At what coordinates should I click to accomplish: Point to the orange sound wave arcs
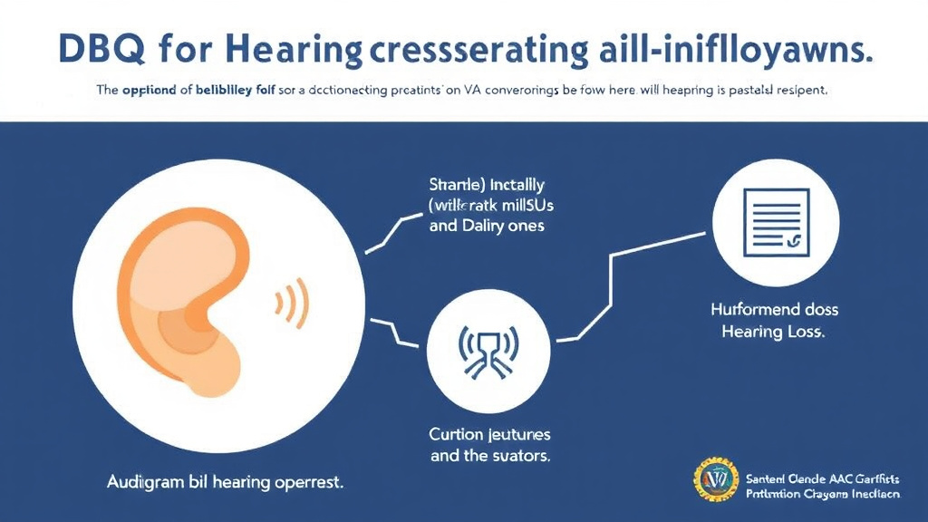295,299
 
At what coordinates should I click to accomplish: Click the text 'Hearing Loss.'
773,332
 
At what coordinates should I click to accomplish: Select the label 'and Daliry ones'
487,226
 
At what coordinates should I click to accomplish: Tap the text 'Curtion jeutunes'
490,434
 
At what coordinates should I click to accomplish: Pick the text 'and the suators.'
490,455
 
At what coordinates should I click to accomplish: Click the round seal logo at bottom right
717,482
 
